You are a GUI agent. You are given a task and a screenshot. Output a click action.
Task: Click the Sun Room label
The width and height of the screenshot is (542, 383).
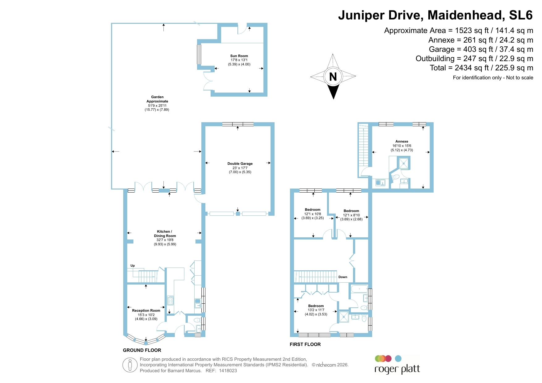pyautogui.click(x=239, y=56)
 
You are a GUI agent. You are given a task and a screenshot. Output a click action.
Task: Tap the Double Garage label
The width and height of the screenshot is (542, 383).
pyautogui.click(x=240, y=164)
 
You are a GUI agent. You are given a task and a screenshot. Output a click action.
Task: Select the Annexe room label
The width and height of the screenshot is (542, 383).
pyautogui.click(x=402, y=141)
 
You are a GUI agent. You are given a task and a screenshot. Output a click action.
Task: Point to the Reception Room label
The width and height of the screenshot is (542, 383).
pyautogui.click(x=146, y=310)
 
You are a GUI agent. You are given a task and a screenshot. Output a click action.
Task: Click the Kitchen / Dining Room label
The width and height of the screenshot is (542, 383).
pyautogui.click(x=165, y=234)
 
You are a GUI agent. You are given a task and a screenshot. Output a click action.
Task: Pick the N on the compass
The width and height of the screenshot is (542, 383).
pyautogui.click(x=333, y=77)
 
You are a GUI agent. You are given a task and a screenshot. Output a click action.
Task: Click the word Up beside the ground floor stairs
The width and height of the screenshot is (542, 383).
pyautogui.click(x=132, y=266)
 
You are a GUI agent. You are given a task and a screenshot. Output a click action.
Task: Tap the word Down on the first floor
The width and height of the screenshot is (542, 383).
pyautogui.click(x=343, y=277)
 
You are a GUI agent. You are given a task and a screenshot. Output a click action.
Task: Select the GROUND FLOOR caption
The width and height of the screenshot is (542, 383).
pyautogui.click(x=142, y=350)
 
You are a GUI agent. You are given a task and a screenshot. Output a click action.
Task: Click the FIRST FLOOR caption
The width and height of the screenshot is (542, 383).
pyautogui.click(x=305, y=344)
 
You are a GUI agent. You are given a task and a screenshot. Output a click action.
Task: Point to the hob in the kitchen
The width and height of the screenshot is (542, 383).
pyautogui.click(x=170, y=300)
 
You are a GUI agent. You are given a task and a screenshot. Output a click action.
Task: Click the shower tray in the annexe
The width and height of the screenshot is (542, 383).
pyautogui.click(x=404, y=163)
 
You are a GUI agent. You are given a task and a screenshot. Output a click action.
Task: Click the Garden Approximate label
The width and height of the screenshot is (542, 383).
pyautogui.click(x=157, y=99)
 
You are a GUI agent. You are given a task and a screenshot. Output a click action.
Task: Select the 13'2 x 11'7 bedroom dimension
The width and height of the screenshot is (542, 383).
pyautogui.click(x=316, y=310)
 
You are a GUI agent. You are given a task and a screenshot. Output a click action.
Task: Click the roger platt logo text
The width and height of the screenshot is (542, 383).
pyautogui.click(x=397, y=369)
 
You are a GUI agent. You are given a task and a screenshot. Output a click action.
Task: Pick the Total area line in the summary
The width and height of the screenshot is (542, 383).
pyautogui.click(x=481, y=68)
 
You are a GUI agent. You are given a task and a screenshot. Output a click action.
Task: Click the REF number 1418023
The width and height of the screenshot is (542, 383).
pyautogui.click(x=228, y=371)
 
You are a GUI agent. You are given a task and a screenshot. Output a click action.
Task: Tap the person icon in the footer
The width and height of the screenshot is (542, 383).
pyautogui.click(x=130, y=365)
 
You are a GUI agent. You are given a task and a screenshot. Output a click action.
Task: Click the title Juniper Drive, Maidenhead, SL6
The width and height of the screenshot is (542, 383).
pyautogui.click(x=435, y=15)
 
